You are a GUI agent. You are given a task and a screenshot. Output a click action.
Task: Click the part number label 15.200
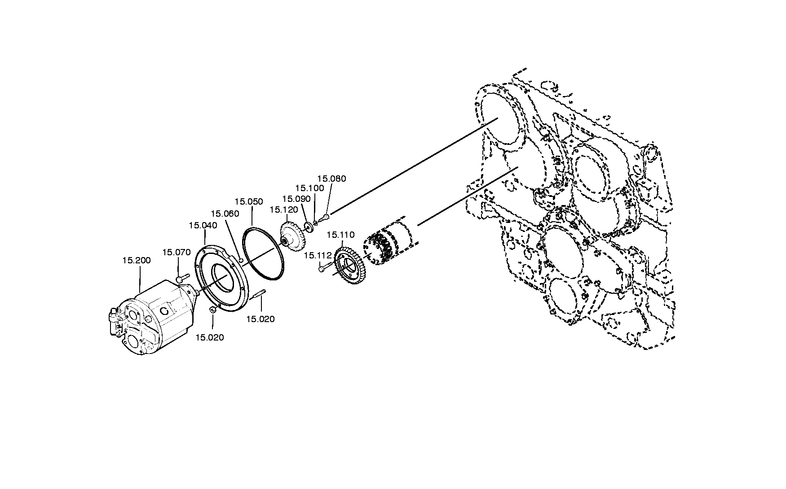tap(137, 260)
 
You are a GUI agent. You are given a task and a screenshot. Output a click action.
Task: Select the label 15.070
tap(176, 252)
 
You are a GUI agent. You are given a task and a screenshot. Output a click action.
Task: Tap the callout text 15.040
tap(203, 225)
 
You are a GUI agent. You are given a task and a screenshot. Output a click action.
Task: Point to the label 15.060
tap(225, 214)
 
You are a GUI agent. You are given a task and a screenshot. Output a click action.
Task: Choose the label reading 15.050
tap(249, 201)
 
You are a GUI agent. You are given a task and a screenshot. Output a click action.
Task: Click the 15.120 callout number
tap(284, 210)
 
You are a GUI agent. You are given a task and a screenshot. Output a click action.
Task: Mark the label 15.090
tap(296, 198)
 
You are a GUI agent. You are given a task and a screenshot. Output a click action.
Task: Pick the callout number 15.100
tap(309, 188)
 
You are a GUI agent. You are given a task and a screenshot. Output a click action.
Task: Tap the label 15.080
tap(332, 179)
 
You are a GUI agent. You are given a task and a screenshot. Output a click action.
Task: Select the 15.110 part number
tap(340, 235)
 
